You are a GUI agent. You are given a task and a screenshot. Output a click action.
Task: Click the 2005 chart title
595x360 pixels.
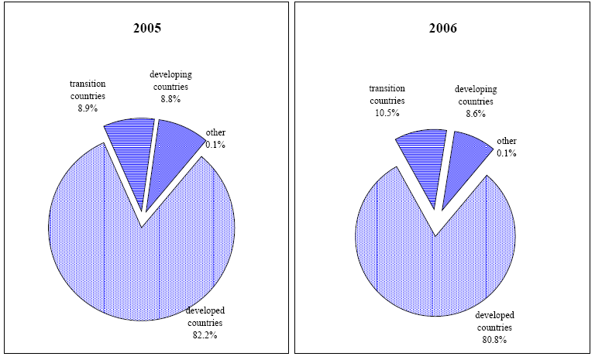coord(147,28)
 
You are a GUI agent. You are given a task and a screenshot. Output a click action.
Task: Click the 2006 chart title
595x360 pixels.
coord(443,28)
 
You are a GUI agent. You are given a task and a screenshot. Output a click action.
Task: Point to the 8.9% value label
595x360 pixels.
coord(88,109)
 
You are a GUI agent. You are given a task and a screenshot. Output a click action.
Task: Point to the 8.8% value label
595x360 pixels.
coord(170,99)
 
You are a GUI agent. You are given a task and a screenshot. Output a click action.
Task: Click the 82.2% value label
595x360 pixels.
coord(205,334)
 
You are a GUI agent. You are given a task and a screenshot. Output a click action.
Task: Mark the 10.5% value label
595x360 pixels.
coord(387,113)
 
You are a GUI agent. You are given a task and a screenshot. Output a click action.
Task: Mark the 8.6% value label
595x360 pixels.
coord(475,113)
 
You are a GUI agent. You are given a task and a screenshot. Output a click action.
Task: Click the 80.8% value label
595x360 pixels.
coord(494,339)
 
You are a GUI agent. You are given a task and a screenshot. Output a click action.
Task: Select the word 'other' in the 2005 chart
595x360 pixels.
coord(215,132)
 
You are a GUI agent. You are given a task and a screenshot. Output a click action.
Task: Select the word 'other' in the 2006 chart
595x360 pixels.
coord(507,141)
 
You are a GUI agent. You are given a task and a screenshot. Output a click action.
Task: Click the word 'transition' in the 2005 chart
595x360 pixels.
coord(88,84)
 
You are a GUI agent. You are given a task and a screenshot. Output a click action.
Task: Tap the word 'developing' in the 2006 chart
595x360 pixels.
coord(475,89)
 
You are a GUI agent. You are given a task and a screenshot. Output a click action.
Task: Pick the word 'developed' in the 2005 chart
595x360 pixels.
coord(205,310)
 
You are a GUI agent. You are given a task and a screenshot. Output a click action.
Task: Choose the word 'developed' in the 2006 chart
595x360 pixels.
coord(494,315)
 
